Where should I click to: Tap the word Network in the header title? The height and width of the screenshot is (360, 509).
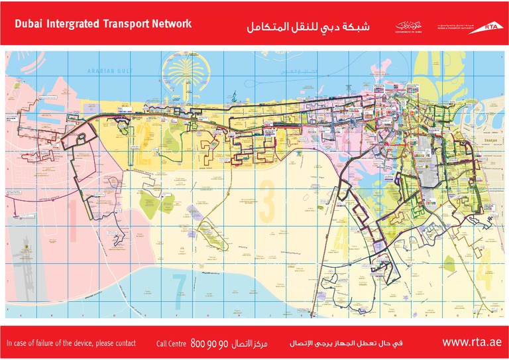pos(170,24)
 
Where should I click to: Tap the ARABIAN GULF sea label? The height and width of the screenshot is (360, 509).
pos(107,70)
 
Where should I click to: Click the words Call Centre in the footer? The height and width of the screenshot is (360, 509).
pos(171,343)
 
